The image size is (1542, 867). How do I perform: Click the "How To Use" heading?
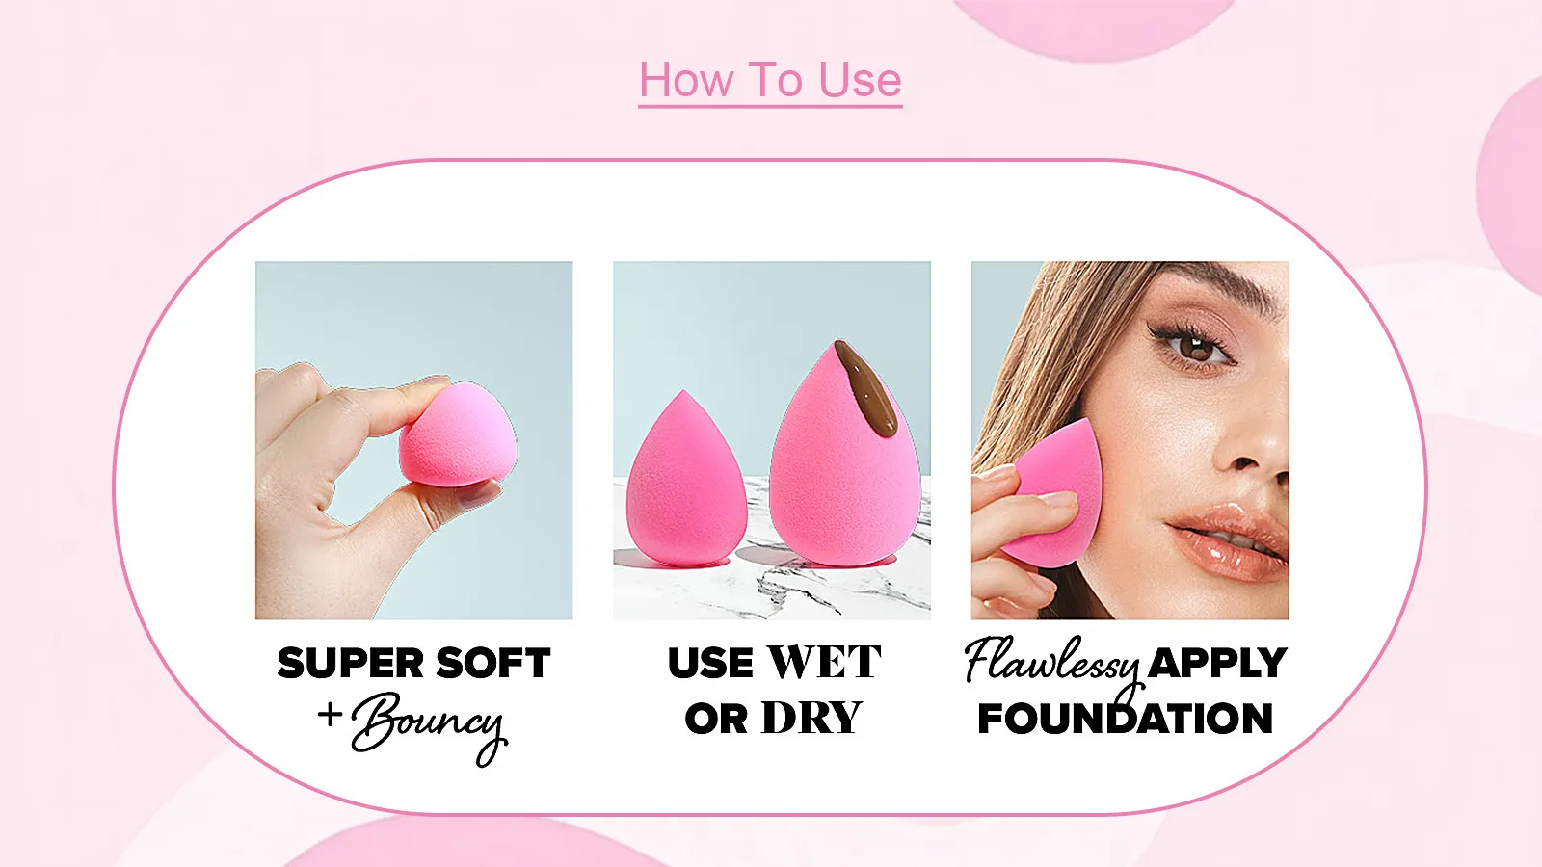(770, 80)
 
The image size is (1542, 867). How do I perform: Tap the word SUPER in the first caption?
(350, 664)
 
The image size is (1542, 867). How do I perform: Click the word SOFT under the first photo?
(492, 664)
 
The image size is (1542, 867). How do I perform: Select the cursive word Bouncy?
(430, 724)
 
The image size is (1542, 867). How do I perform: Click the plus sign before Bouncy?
(330, 715)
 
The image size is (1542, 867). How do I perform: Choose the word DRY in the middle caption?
(811, 719)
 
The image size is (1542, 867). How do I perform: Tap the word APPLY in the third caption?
(1217, 663)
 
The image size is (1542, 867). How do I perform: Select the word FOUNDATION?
(1125, 719)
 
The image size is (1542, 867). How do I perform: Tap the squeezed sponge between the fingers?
(459, 435)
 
